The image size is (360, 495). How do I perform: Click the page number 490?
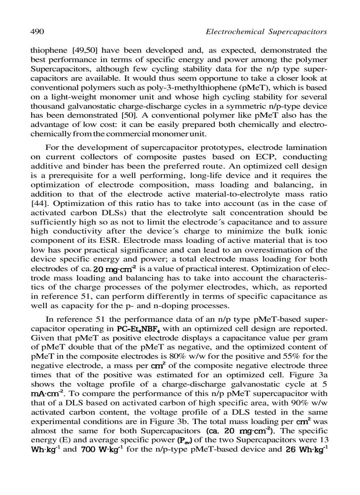pos(36,32)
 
